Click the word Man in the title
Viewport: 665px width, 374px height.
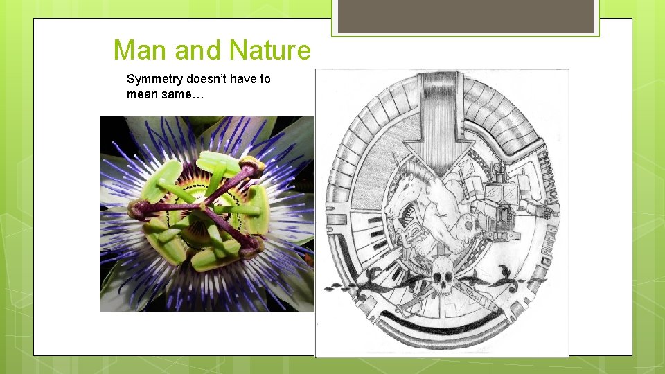coord(141,51)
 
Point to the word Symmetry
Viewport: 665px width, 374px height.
coord(154,80)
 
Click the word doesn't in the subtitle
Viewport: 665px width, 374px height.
coord(207,79)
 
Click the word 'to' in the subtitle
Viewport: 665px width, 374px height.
coord(265,79)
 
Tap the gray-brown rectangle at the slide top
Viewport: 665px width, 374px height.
coord(465,16)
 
